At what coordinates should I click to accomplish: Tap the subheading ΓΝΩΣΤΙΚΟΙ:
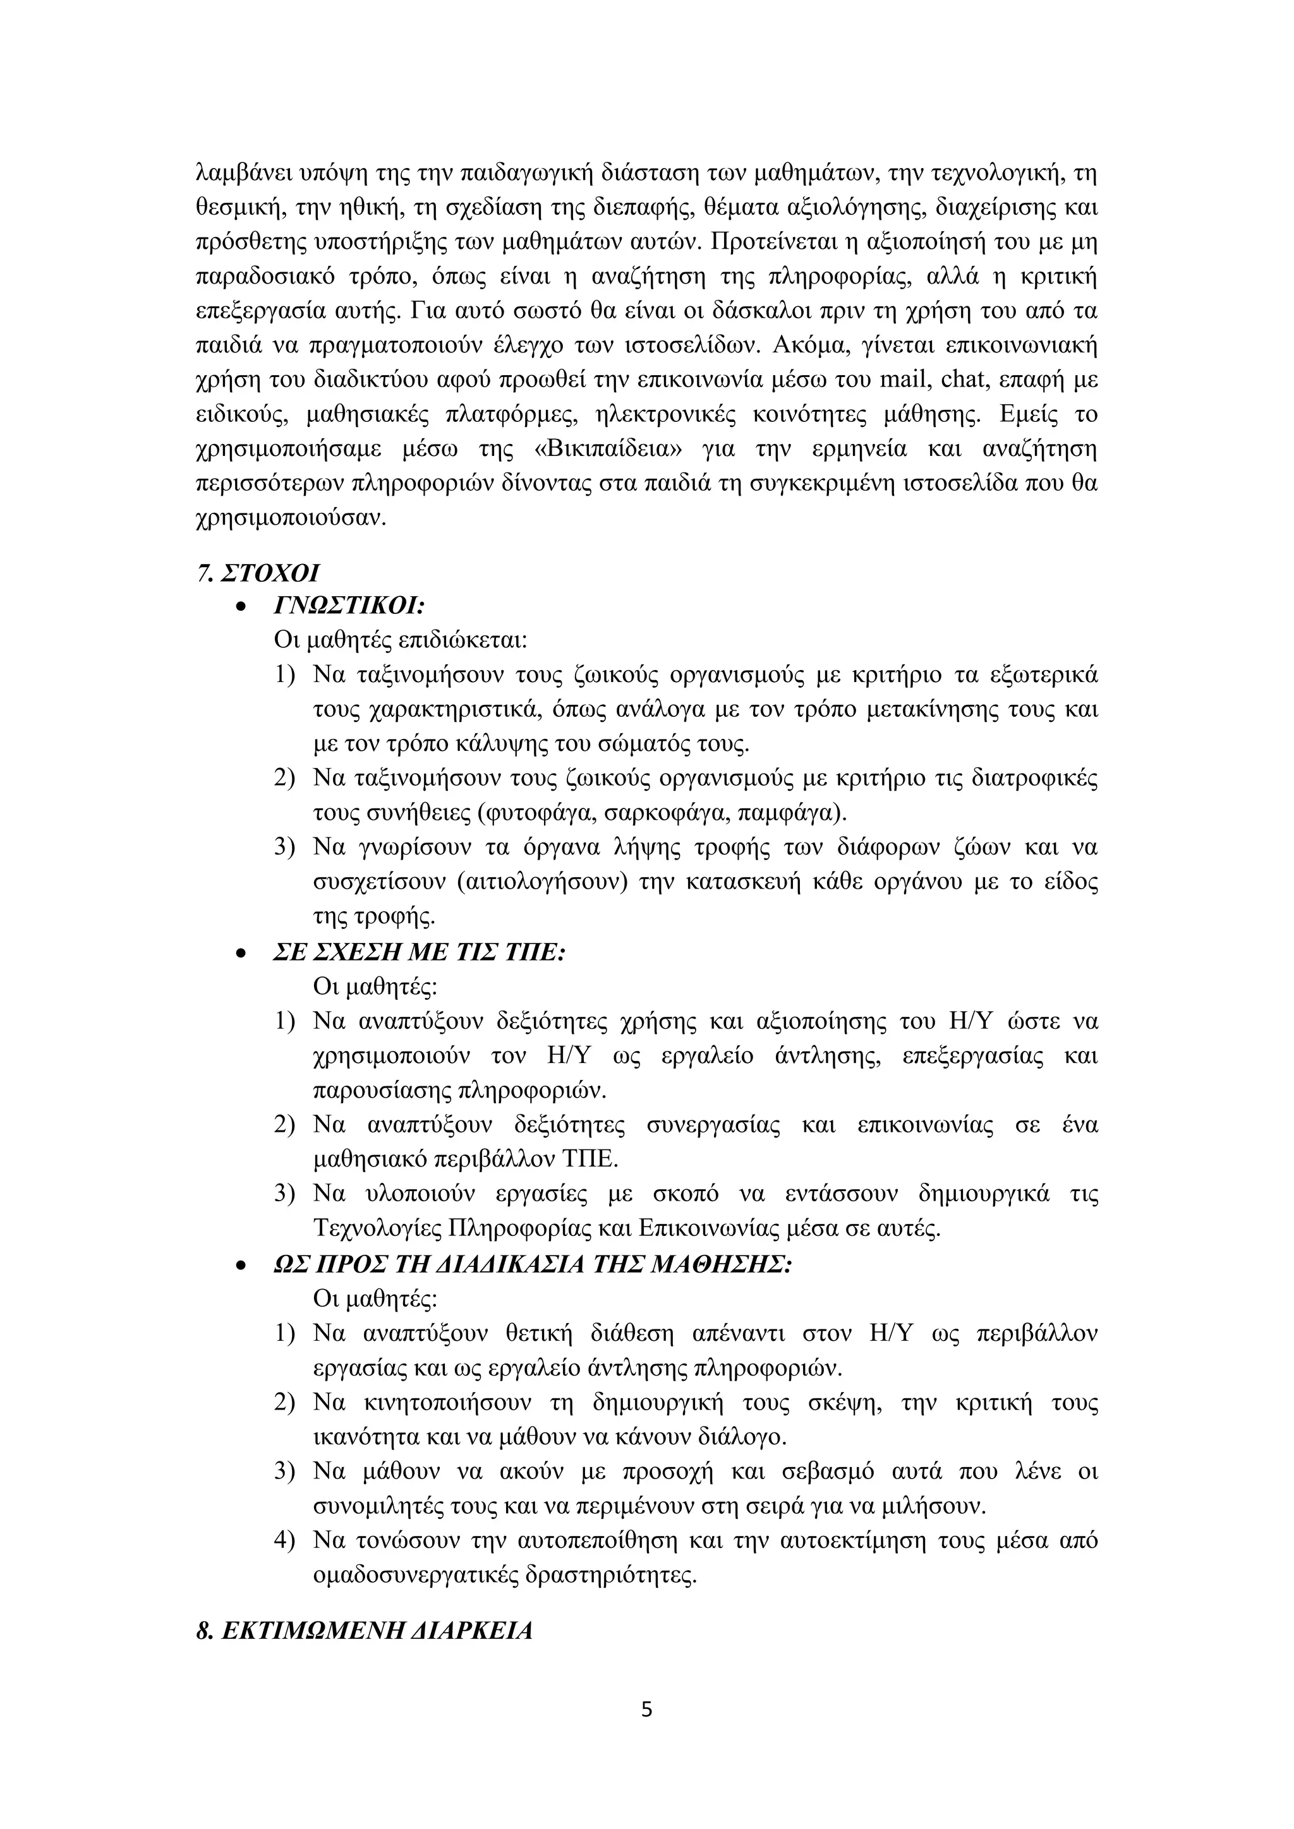pos(349,607)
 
